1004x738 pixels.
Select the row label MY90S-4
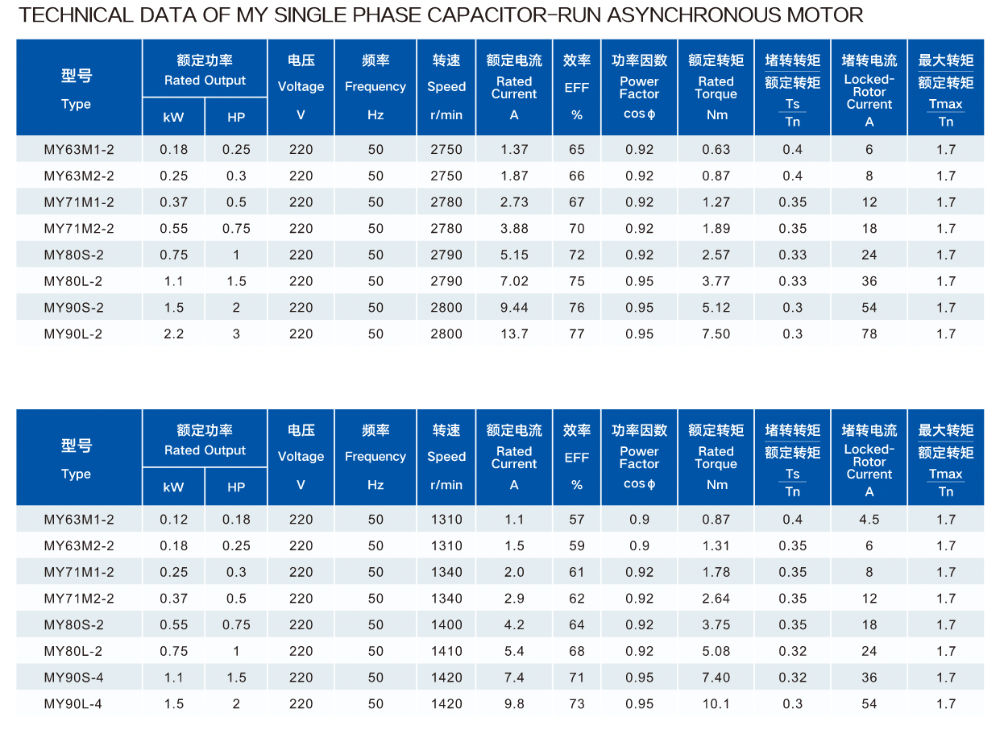(x=79, y=678)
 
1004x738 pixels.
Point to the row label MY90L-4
(x=79, y=704)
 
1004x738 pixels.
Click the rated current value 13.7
(x=514, y=334)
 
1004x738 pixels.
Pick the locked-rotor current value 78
(x=869, y=334)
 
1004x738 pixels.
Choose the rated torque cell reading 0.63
(x=716, y=149)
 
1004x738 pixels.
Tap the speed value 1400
(x=446, y=624)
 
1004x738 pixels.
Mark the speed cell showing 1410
(x=446, y=651)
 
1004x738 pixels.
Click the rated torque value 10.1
(x=716, y=704)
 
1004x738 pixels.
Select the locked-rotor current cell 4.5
(x=869, y=520)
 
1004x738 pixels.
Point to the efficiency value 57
(x=576, y=520)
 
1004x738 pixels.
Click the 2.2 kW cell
(x=173, y=334)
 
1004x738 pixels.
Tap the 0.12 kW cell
(x=173, y=520)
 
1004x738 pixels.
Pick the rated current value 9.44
(x=514, y=307)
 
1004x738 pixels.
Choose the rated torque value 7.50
(x=716, y=334)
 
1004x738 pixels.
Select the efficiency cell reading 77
(x=576, y=334)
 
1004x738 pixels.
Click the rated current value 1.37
(x=514, y=149)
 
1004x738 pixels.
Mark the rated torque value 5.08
(x=716, y=651)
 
